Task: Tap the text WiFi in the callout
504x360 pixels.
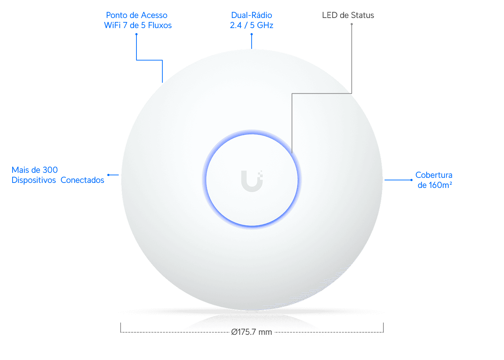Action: tap(112, 26)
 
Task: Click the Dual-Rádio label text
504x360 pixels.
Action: tap(252, 15)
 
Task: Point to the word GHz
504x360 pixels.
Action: tap(265, 26)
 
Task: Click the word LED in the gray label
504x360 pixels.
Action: tap(330, 15)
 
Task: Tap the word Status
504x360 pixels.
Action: tap(363, 15)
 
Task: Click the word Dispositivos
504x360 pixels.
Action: tap(34, 180)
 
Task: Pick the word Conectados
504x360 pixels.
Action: tap(82, 180)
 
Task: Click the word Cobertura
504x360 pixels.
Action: tap(434, 175)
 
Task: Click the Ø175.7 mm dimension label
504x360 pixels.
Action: tap(252, 332)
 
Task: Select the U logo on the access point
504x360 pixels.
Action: tap(252, 181)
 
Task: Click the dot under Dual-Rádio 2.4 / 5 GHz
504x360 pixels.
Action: tap(252, 34)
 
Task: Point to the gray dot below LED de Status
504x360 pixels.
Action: tap(352, 24)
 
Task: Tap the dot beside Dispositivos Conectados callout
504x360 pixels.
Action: tap(108, 175)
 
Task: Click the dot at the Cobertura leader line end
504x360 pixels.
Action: tap(411, 180)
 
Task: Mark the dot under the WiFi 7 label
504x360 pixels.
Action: tap(136, 34)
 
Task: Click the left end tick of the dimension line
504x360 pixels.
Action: tap(121, 327)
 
